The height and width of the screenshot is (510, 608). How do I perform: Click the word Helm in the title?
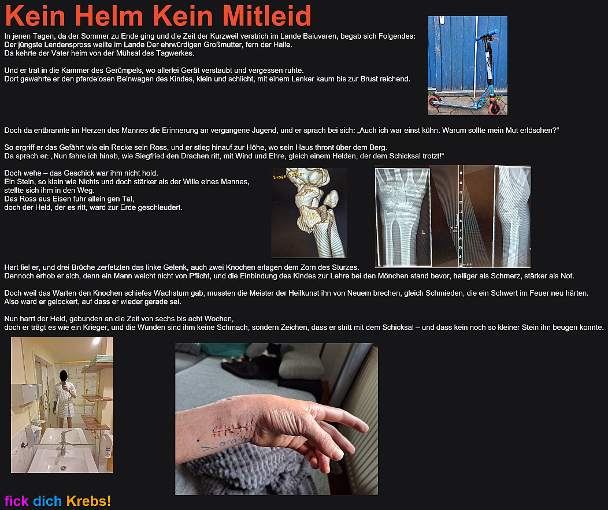(x=109, y=16)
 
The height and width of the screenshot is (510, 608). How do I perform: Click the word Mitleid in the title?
(x=267, y=16)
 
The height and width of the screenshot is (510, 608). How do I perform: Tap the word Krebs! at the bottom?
(x=88, y=501)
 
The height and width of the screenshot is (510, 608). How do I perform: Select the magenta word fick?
(x=16, y=501)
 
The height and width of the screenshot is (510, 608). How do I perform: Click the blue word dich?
(x=47, y=501)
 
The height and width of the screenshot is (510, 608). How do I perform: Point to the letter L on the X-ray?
(x=424, y=232)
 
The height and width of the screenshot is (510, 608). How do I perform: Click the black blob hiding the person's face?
(x=64, y=375)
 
